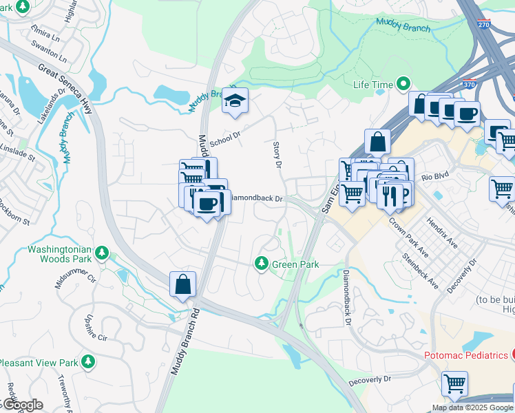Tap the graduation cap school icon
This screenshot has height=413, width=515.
click(x=235, y=102)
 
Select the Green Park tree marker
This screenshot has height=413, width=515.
click(x=262, y=263)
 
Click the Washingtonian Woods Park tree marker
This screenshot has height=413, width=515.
click(x=102, y=253)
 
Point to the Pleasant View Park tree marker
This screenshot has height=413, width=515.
click(x=87, y=361)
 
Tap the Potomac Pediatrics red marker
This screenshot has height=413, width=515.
click(x=512, y=354)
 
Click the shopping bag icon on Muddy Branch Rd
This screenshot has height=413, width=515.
click(x=182, y=284)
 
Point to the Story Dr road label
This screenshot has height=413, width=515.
click(x=277, y=155)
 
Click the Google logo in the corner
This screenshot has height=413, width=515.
click(x=22, y=405)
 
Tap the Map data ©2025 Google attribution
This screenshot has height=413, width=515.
click(x=472, y=407)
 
